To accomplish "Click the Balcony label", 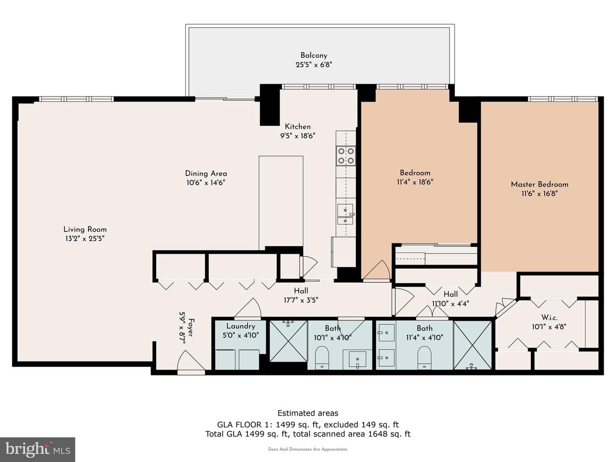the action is tap(314, 56).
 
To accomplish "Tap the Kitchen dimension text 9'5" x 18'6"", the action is tap(297, 136).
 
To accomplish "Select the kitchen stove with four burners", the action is tap(346, 156).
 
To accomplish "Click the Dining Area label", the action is tap(206, 173).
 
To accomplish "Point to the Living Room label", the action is tap(85, 229).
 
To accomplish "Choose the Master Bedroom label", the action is tap(539, 184).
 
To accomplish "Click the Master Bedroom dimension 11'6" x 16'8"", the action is tap(539, 193).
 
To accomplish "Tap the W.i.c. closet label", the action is tap(549, 317).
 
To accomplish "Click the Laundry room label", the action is tap(240, 326).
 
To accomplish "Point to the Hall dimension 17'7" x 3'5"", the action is tap(301, 300).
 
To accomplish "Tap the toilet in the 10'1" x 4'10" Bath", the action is tap(322, 358).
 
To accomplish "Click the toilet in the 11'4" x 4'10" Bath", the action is tap(424, 358).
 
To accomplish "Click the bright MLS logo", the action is tap(38, 449).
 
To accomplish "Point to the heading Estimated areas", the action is tap(308, 413).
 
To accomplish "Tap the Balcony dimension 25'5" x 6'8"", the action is tap(314, 65).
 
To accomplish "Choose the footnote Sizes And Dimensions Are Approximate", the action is tap(308, 449).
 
